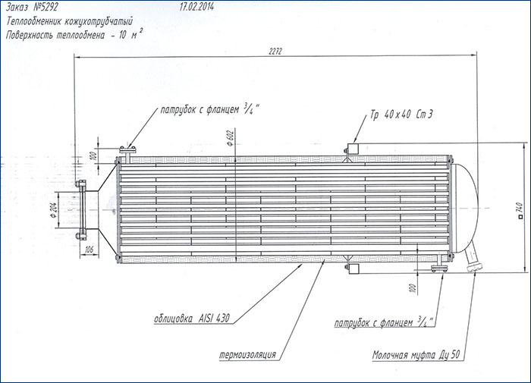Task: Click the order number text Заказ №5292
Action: (40, 8)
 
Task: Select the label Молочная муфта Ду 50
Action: (416, 353)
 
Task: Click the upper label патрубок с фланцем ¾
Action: (210, 111)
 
